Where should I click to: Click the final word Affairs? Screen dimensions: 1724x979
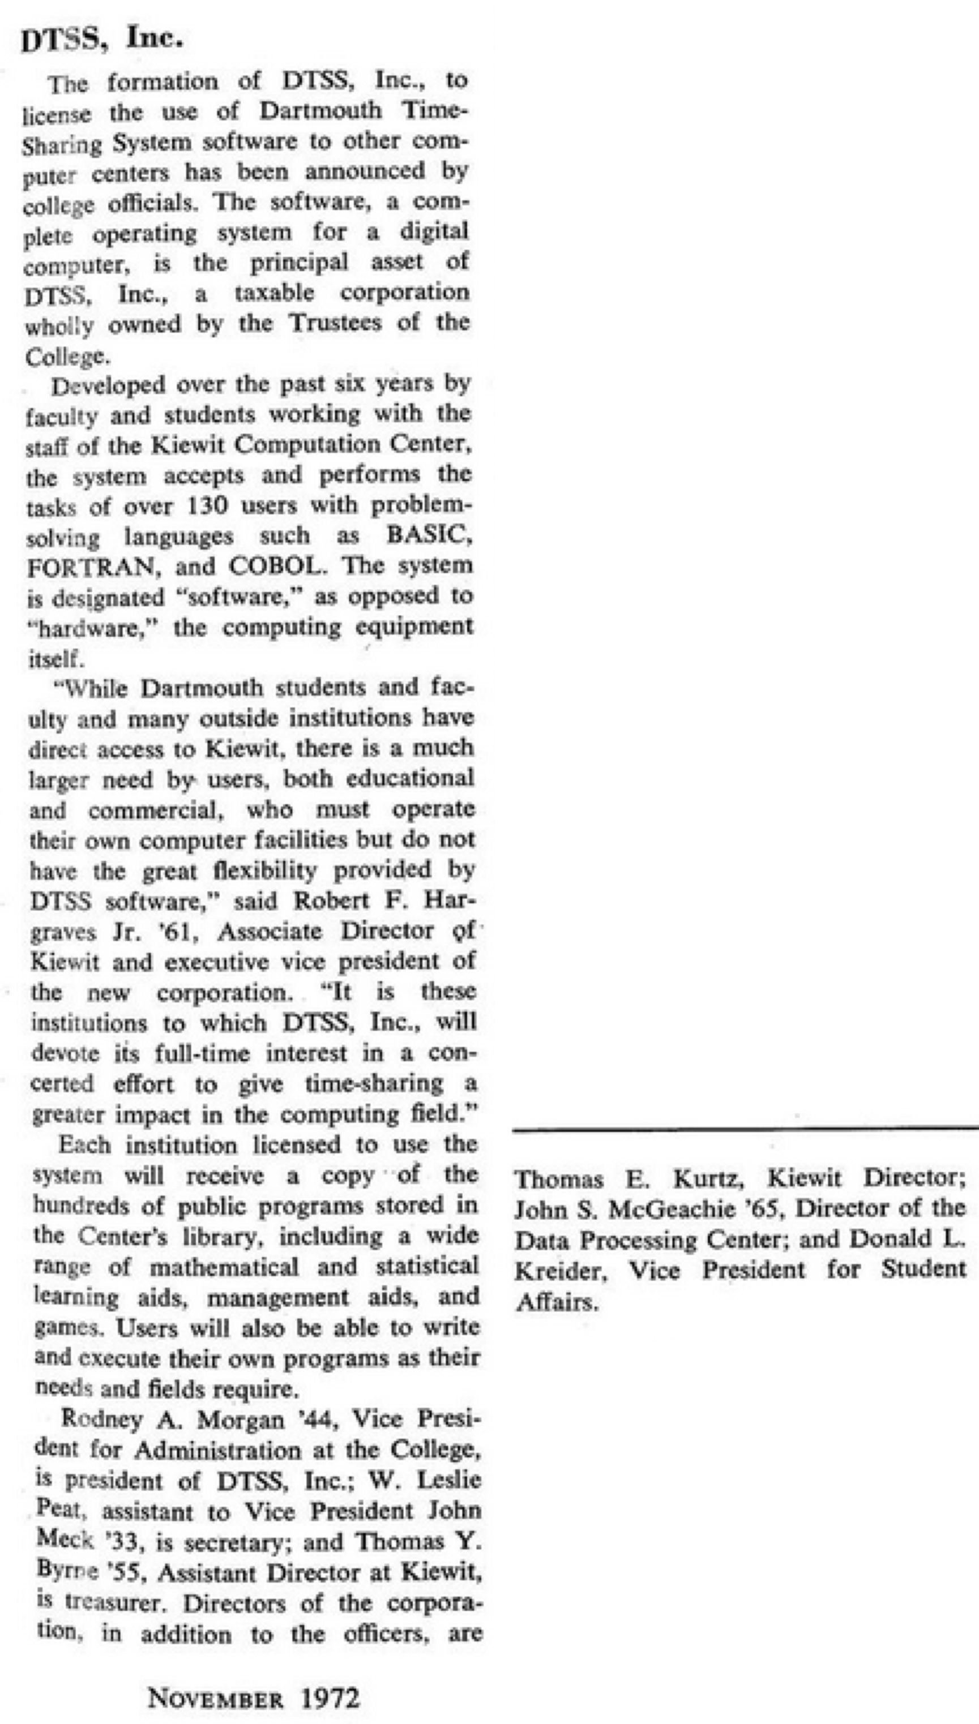tap(556, 1302)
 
